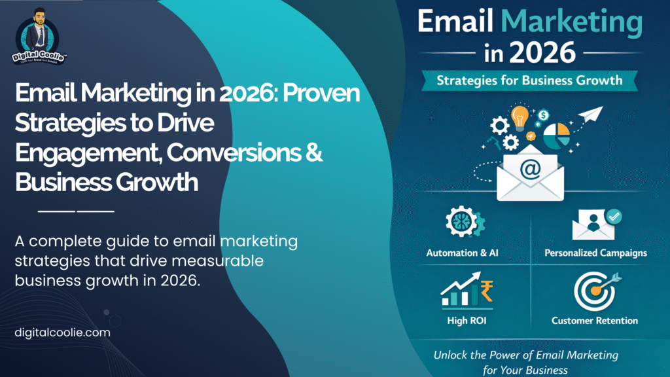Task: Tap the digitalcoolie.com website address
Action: (x=62, y=332)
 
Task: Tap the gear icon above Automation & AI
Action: (x=463, y=223)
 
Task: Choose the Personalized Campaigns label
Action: (x=595, y=252)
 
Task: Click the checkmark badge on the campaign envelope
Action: (x=614, y=216)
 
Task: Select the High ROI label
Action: (x=465, y=321)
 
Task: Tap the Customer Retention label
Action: (x=595, y=321)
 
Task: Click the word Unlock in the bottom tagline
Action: (x=451, y=355)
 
